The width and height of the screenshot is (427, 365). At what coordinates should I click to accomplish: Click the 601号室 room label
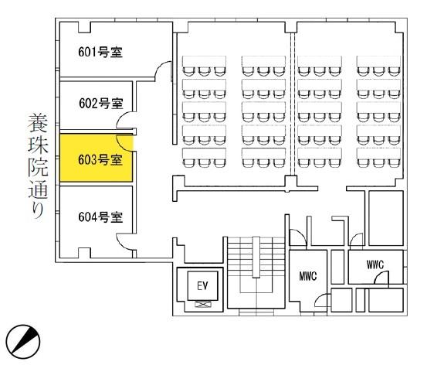point(100,52)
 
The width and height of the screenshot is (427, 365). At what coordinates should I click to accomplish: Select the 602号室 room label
point(101,104)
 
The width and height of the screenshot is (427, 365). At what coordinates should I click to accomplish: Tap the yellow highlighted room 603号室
point(96,158)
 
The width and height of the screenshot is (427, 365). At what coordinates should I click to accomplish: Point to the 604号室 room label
point(100,217)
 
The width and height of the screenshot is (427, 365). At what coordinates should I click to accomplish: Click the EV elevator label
point(202,286)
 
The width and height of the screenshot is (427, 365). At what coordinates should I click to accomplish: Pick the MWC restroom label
point(308,276)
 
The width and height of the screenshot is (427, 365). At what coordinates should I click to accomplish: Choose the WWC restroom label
point(375,264)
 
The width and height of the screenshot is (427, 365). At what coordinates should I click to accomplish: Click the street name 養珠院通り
point(38,165)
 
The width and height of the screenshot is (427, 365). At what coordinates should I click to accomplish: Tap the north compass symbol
point(23,342)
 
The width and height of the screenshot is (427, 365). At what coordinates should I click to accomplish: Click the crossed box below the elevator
point(202,304)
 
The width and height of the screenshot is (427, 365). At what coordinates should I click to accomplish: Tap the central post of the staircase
point(256,257)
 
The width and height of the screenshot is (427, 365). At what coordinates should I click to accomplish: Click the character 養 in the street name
point(38,123)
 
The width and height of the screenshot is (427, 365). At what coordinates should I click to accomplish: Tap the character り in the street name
point(39,210)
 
